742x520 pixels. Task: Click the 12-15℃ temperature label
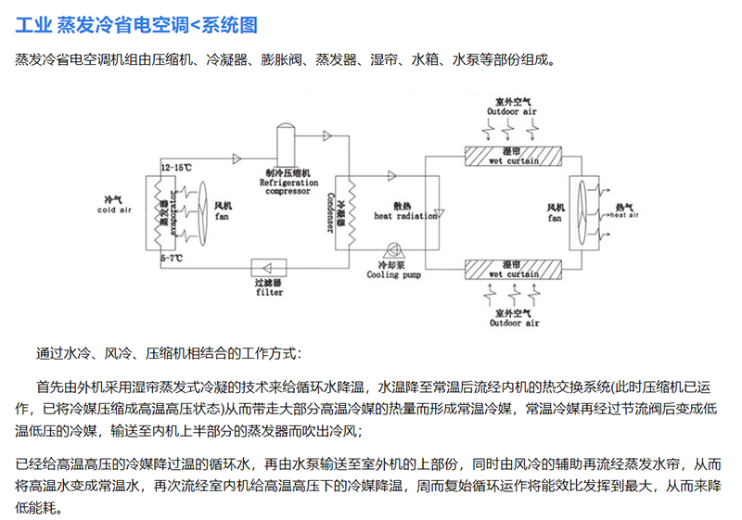tap(176, 168)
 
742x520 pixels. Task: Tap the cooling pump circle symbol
tap(395, 248)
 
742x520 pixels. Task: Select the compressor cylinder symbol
tap(284, 144)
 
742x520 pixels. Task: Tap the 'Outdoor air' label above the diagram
tap(512, 111)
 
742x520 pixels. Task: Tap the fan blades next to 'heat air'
tap(583, 211)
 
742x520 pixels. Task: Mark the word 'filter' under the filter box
tap(269, 293)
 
